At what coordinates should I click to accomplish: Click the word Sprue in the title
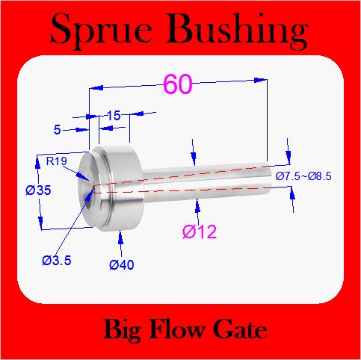[101, 30]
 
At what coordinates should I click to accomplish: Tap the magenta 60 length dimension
[178, 84]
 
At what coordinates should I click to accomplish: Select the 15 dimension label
[114, 116]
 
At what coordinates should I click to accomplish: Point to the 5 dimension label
[58, 130]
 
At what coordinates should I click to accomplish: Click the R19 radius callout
[57, 161]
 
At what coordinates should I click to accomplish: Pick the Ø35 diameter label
[38, 190]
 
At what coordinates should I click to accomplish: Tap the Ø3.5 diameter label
[57, 261]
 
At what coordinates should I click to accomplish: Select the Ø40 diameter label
[122, 264]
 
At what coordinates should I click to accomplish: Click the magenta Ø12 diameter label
[200, 232]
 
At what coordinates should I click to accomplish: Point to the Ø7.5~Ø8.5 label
[303, 176]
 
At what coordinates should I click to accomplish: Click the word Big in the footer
[122, 330]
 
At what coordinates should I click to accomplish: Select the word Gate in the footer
[240, 329]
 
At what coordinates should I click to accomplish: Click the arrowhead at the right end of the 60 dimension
[260, 80]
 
